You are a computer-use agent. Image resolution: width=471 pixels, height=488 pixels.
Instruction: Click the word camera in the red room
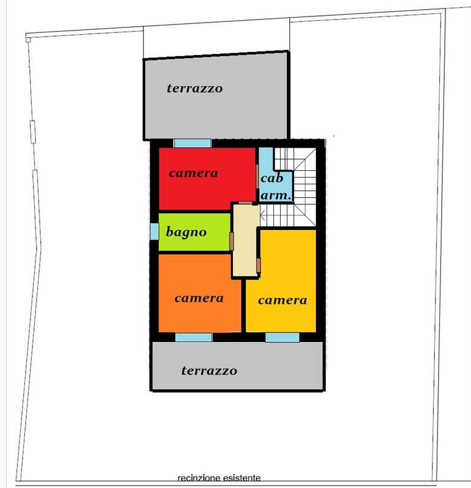(193, 173)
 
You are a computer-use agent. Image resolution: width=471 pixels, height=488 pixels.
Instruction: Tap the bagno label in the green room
(186, 232)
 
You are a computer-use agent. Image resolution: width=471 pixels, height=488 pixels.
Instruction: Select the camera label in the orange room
(199, 298)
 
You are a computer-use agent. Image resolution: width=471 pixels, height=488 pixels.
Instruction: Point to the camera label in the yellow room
(282, 300)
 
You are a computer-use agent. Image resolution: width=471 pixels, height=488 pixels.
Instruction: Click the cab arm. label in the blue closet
(276, 187)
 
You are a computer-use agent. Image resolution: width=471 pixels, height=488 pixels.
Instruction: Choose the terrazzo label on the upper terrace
(195, 88)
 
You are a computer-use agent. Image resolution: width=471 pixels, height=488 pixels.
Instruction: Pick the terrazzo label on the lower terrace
(209, 371)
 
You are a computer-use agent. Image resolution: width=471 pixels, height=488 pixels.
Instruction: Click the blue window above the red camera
(193, 143)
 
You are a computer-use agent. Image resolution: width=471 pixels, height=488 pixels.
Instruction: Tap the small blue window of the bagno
(154, 232)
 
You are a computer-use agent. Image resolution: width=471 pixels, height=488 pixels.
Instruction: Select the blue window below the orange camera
(193, 337)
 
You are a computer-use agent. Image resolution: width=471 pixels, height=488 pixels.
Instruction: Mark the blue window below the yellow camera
(282, 337)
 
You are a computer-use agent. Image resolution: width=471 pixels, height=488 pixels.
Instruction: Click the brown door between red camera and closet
(257, 176)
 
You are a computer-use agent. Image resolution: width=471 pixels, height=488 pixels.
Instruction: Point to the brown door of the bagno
(232, 241)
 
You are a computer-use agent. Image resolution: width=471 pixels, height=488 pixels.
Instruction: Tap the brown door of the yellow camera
(259, 265)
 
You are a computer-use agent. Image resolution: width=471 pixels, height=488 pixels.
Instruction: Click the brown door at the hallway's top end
(245, 203)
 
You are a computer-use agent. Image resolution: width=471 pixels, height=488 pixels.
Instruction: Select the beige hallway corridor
(246, 240)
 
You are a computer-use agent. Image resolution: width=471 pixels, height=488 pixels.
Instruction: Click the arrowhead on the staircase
(262, 215)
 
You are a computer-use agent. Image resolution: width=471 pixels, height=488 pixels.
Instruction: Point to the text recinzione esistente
(219, 478)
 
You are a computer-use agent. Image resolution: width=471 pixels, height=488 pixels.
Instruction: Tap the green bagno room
(194, 232)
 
